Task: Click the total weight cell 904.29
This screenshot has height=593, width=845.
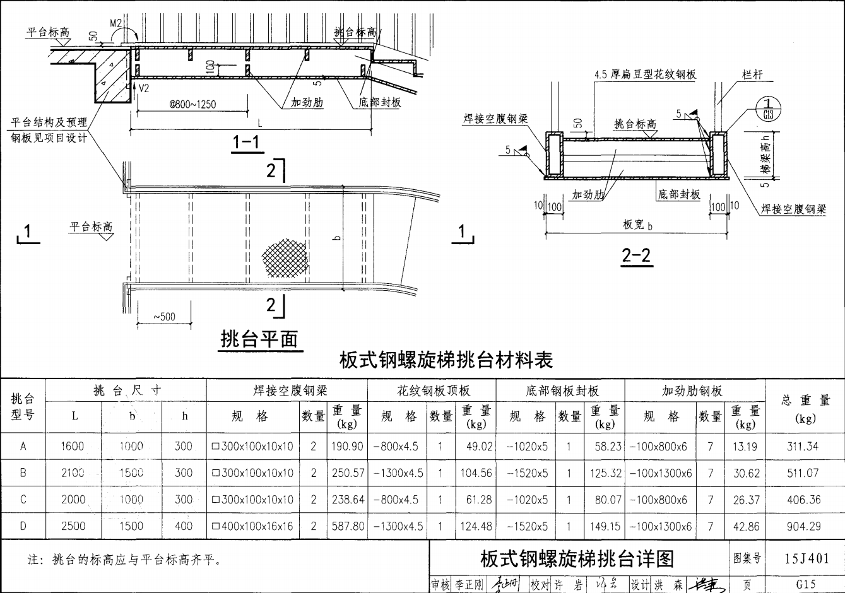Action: point(803,526)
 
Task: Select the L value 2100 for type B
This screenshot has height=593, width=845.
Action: point(73,473)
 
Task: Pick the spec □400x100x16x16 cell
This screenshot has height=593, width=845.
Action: point(253,526)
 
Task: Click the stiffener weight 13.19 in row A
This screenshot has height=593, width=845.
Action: point(745,447)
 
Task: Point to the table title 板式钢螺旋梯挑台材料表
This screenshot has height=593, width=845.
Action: point(446,360)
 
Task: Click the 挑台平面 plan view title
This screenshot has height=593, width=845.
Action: point(259,339)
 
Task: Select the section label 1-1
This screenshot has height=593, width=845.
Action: point(246,143)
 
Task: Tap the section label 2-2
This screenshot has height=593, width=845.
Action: point(636,255)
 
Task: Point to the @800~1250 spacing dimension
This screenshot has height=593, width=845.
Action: point(192,105)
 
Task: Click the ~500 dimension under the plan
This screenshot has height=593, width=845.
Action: point(164,317)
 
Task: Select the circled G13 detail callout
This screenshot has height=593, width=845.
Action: point(767,109)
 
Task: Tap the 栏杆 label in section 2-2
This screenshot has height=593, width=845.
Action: point(752,74)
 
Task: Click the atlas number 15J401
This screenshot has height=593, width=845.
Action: point(806,558)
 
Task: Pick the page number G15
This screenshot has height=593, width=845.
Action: point(806,584)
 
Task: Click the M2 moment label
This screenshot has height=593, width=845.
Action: point(116,23)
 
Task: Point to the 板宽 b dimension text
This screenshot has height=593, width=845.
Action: point(637,224)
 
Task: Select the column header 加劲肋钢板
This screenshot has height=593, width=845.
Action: point(692,391)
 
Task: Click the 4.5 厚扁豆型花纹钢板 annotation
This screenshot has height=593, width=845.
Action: point(645,74)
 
